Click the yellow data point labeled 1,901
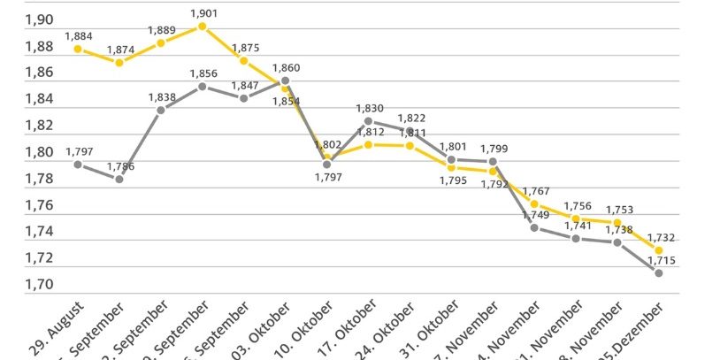(x=203, y=27)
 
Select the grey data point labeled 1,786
(x=119, y=179)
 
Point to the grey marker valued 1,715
(x=659, y=272)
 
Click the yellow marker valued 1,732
(x=659, y=250)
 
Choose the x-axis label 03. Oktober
(x=264, y=329)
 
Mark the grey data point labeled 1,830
(x=368, y=121)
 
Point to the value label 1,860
(x=286, y=67)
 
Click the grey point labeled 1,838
(x=161, y=110)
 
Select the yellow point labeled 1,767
(x=534, y=203)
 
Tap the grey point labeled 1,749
(x=534, y=227)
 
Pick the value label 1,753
(x=618, y=210)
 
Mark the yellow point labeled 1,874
(x=119, y=62)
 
